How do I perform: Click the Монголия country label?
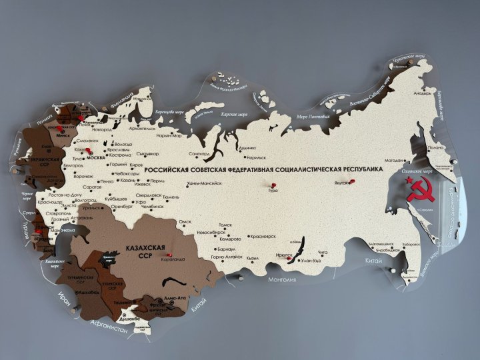(x=281, y=279)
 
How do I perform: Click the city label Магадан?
(x=394, y=160)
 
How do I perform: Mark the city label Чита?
(x=323, y=252)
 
